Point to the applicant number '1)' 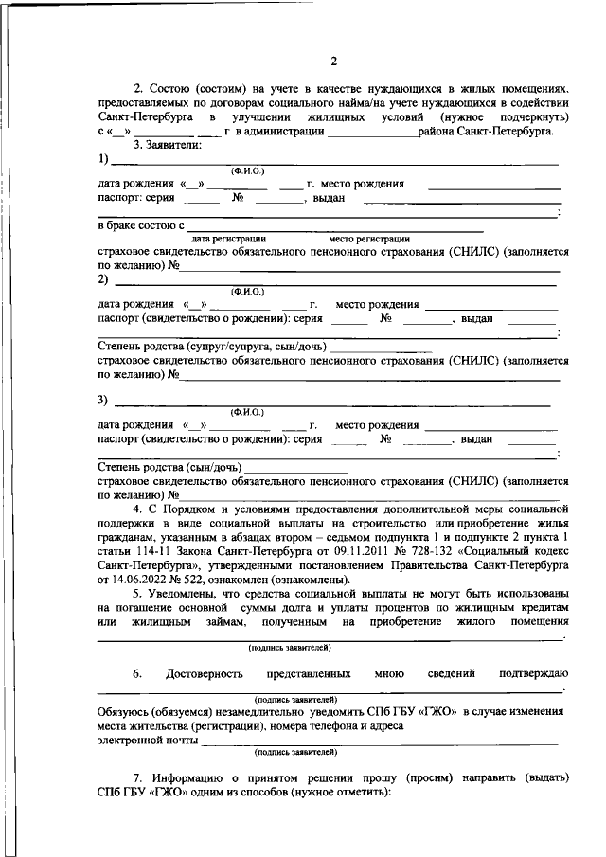103,158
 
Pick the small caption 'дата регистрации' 228,240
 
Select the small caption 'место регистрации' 369,240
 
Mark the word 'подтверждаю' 533,674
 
